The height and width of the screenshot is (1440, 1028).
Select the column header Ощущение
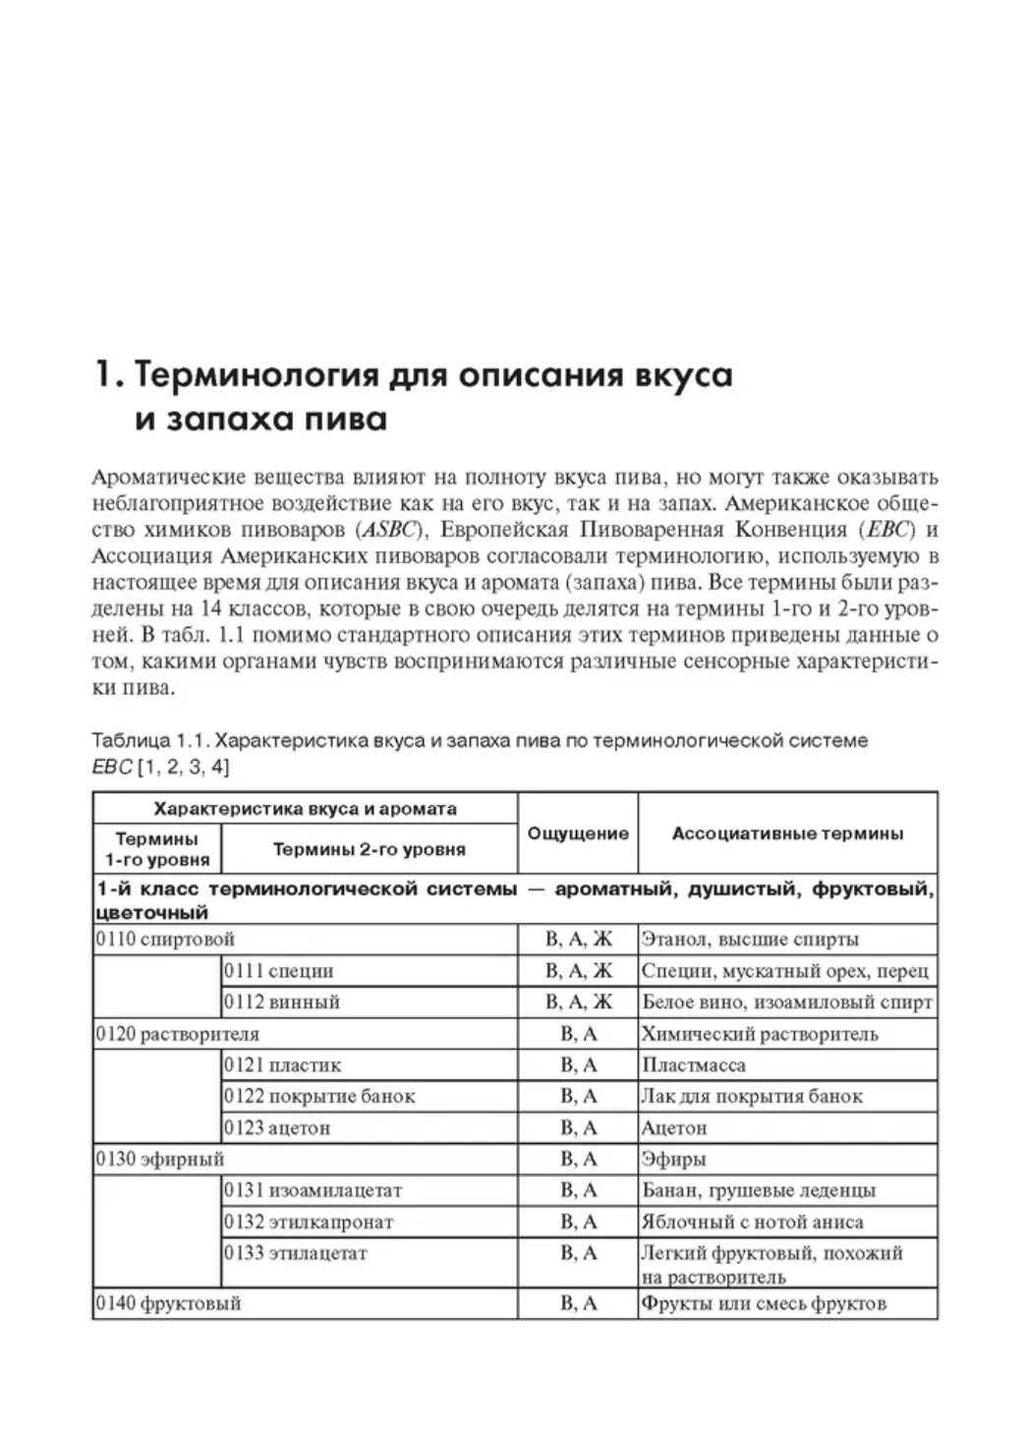[578, 834]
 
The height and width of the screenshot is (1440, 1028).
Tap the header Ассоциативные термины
[787, 834]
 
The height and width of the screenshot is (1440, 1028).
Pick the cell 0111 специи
[279, 970]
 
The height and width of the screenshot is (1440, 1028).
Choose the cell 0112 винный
[282, 1002]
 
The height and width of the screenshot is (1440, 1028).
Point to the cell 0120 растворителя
[178, 1033]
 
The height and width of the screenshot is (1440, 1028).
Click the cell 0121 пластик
[283, 1065]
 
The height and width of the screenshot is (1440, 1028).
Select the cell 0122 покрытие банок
[319, 1096]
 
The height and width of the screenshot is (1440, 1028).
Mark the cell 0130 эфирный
[160, 1159]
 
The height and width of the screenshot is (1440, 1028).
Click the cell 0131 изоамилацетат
[314, 1190]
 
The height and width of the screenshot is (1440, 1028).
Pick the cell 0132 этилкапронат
[309, 1222]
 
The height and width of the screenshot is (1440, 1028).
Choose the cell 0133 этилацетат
[296, 1253]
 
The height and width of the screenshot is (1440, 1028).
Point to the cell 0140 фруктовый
[169, 1303]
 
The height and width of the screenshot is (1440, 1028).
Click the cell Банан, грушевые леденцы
[758, 1190]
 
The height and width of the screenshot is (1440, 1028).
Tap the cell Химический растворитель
[760, 1033]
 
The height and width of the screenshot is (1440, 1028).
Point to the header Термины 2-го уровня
[369, 848]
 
